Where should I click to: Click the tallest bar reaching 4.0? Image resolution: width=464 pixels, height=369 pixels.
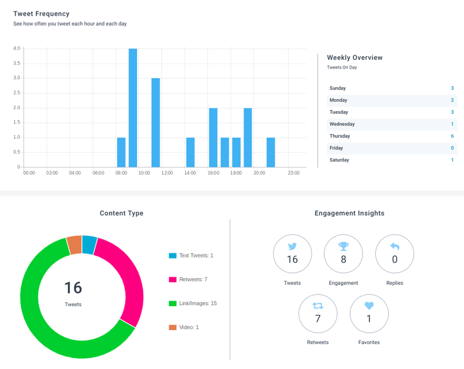133,108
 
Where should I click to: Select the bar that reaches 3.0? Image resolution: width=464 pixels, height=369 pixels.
155,123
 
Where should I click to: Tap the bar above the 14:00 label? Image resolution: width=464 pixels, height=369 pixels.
190,152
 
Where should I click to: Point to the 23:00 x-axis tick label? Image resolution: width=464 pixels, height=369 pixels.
293,173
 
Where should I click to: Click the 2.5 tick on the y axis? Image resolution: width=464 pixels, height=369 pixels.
17,93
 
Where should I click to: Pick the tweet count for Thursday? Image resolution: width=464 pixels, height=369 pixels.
452,136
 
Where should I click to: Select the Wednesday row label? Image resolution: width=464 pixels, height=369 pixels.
342,124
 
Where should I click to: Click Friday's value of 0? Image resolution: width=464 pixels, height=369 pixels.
452,148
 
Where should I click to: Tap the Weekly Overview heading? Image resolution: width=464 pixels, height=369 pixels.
354,58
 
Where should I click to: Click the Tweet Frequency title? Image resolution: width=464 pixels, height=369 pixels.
41,13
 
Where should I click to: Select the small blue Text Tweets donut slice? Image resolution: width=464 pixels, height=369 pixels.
89,245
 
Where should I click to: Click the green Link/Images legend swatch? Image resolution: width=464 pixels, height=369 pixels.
172,303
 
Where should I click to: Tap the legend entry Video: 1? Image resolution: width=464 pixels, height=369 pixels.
189,327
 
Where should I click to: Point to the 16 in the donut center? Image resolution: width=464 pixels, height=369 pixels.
73,288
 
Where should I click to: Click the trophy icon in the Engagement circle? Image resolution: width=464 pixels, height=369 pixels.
343,246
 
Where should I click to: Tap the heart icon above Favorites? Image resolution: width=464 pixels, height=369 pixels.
369,305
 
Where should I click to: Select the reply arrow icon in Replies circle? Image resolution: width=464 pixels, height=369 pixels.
395,246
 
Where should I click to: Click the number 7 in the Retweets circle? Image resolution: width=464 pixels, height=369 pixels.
318,318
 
